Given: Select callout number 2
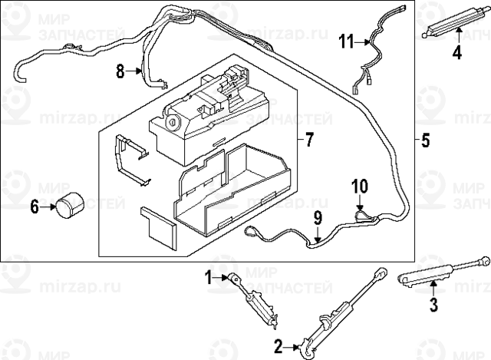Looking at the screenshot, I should pos(278,347).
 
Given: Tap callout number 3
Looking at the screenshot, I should pos(433,306).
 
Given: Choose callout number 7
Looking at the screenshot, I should pos(310,139).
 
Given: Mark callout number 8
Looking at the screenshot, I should pos(120,71).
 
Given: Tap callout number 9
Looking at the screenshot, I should pos(317,220).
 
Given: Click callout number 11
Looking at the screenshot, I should pos(347,41).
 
